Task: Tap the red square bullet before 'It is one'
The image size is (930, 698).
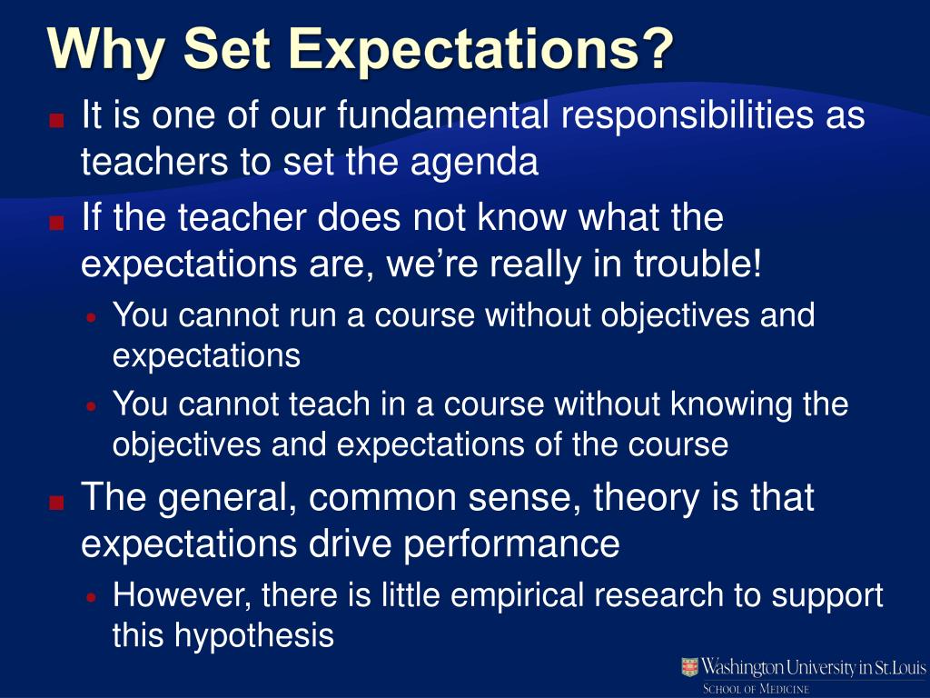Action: (57, 119)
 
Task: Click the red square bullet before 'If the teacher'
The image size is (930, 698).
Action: (57, 222)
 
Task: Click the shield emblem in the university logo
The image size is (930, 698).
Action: (690, 668)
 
